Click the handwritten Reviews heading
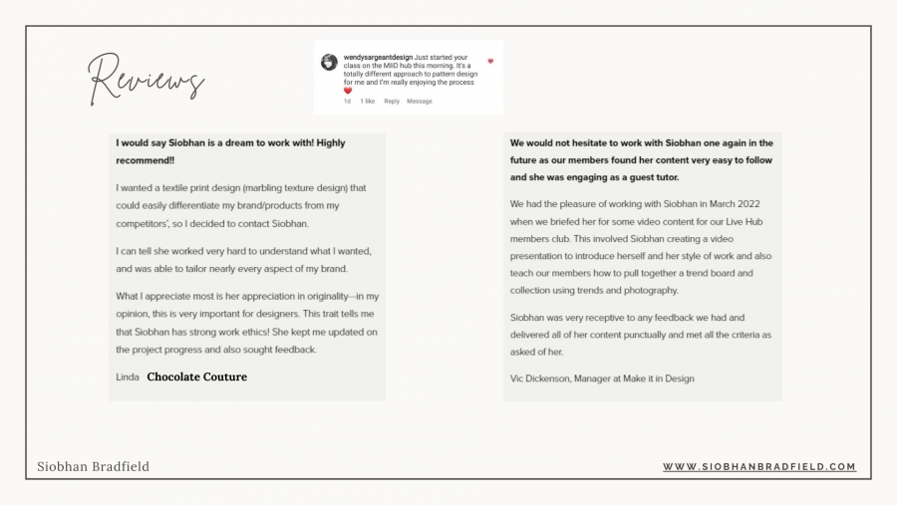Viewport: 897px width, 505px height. tap(146, 78)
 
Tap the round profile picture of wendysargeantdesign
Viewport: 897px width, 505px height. tap(329, 62)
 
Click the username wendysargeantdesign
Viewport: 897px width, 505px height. tap(384, 58)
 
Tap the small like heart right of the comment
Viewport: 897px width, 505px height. tap(490, 61)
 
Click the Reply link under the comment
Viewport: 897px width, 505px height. tap(392, 101)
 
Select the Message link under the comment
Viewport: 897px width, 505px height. tap(420, 101)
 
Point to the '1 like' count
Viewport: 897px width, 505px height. tap(368, 101)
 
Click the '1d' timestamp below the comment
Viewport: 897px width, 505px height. tap(347, 101)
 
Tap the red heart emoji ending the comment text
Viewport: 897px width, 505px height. tap(348, 91)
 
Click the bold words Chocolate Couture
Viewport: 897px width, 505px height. tap(197, 378)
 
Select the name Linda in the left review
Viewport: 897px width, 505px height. tap(127, 378)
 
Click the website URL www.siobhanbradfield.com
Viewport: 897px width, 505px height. tap(759, 466)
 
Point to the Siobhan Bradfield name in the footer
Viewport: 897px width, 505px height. tap(93, 466)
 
